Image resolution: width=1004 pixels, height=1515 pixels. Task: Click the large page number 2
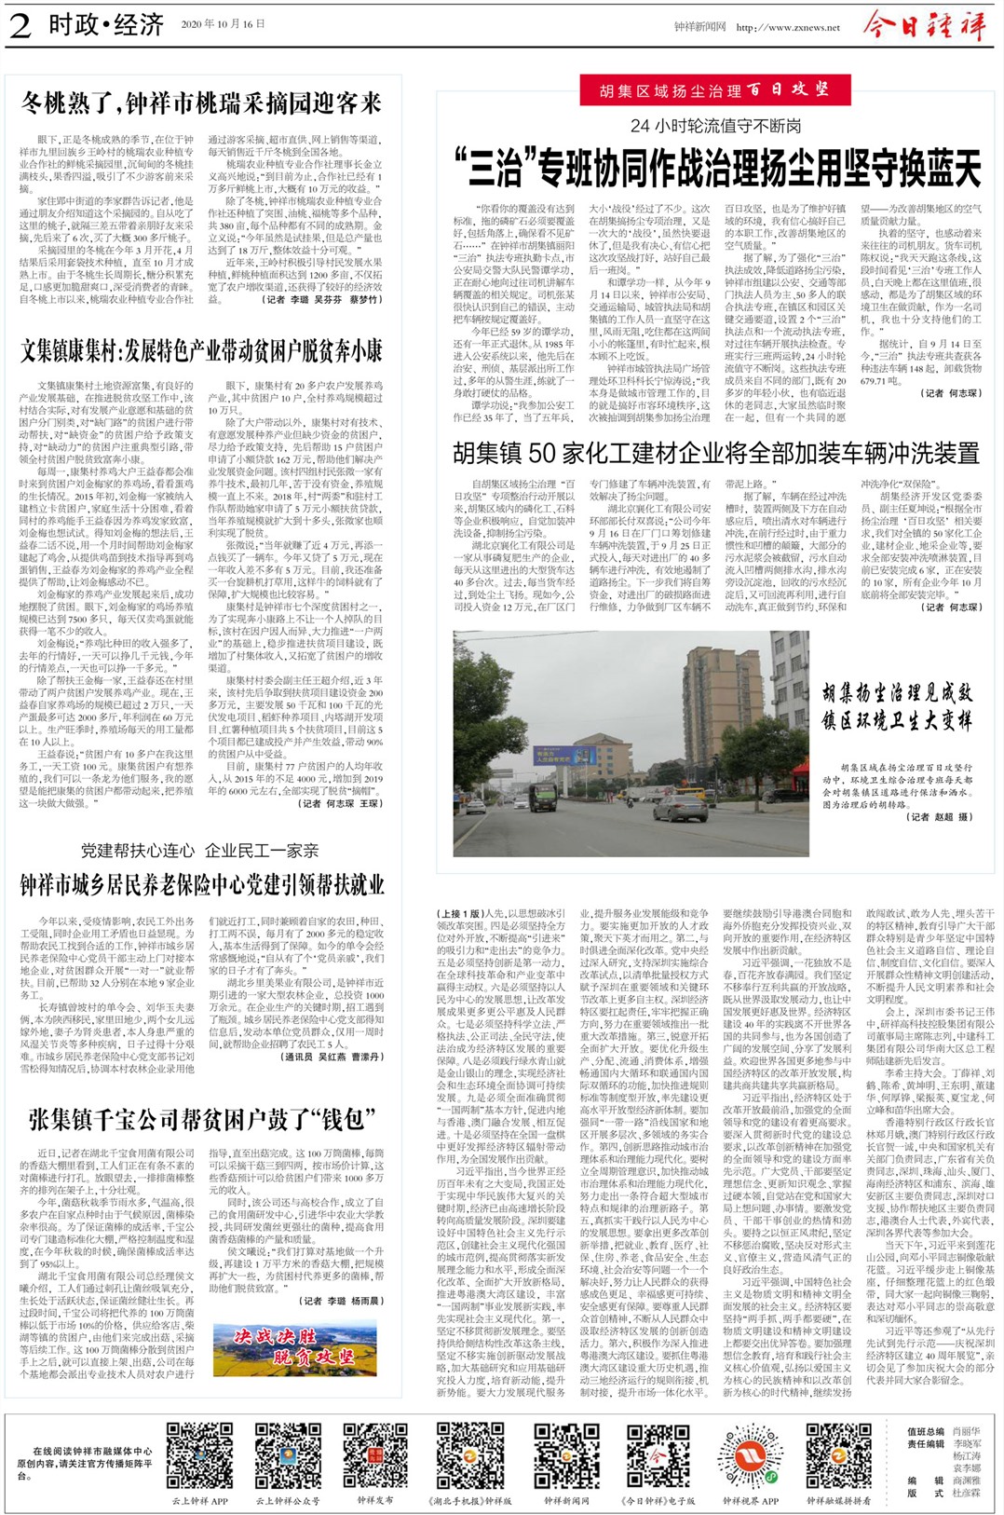tap(20, 25)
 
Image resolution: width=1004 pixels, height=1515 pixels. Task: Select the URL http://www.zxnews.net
tap(787, 27)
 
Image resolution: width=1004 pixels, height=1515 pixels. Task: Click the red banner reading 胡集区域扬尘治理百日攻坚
tap(715, 90)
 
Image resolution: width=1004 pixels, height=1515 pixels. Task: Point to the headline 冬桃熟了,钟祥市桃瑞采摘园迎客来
tap(202, 102)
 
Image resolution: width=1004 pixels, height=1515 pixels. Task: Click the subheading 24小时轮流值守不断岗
tap(715, 126)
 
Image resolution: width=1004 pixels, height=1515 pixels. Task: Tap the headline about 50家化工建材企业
tap(715, 454)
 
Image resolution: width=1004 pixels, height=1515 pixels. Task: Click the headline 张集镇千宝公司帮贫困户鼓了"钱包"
tap(202, 1119)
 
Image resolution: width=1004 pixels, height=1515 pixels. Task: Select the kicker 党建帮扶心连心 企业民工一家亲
tap(199, 850)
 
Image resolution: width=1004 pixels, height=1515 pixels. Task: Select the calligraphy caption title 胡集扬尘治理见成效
tap(896, 692)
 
